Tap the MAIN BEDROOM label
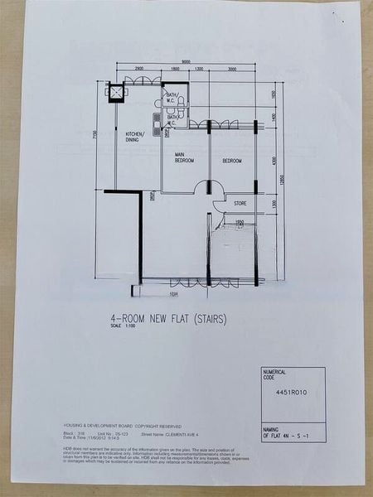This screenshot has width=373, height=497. click(184, 157)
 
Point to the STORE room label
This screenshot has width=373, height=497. click(240, 203)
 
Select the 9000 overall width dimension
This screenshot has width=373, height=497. click(186, 62)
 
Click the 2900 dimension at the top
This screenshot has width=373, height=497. click(139, 69)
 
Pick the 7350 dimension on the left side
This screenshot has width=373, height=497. click(96, 135)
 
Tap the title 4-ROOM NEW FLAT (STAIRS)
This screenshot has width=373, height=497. click(168, 317)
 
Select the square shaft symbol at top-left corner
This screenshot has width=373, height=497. click(114, 91)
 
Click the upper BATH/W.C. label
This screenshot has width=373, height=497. click(172, 99)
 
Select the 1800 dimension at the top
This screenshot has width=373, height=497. click(176, 69)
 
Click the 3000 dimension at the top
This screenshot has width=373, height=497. click(232, 69)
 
